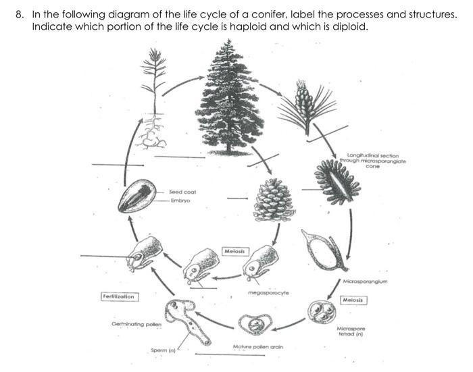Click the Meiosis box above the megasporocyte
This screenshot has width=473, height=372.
236,251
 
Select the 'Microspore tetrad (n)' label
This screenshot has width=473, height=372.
351,331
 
